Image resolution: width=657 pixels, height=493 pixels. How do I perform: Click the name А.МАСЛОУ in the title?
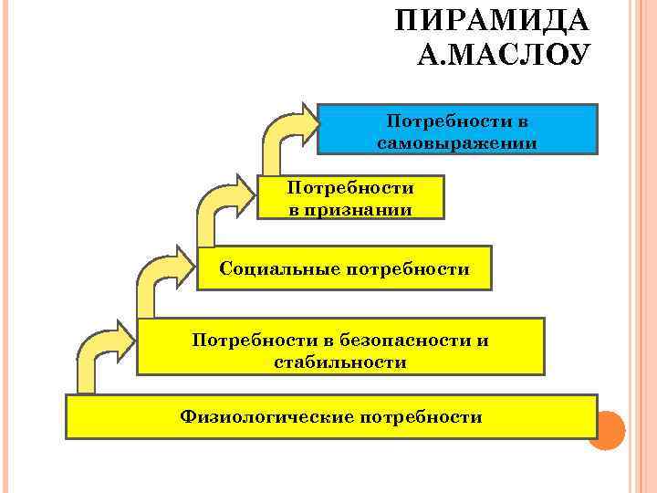(504, 55)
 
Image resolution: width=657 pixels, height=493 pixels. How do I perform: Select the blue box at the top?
(456, 128)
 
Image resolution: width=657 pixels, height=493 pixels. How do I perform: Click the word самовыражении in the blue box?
(456, 143)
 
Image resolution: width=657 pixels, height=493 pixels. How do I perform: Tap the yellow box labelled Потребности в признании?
(350, 198)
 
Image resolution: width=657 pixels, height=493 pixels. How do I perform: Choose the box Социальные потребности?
(344, 267)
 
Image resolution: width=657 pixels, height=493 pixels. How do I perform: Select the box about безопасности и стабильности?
(340, 347)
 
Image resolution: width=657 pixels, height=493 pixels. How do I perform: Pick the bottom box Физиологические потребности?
(331, 417)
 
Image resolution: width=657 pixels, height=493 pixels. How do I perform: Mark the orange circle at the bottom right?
(606, 430)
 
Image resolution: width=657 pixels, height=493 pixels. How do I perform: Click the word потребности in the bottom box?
(422, 417)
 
